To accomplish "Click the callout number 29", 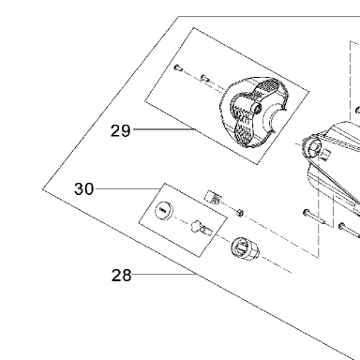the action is tap(120, 130).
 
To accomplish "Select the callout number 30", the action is tap(83, 189).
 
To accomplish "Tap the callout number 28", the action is tap(121, 276).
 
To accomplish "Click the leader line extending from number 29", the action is tap(164, 129).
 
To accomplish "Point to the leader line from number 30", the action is tap(127, 188).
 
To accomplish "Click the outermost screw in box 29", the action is tap(177, 67).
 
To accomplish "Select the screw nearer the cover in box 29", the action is tap(204, 78).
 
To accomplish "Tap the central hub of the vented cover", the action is tap(256, 108).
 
